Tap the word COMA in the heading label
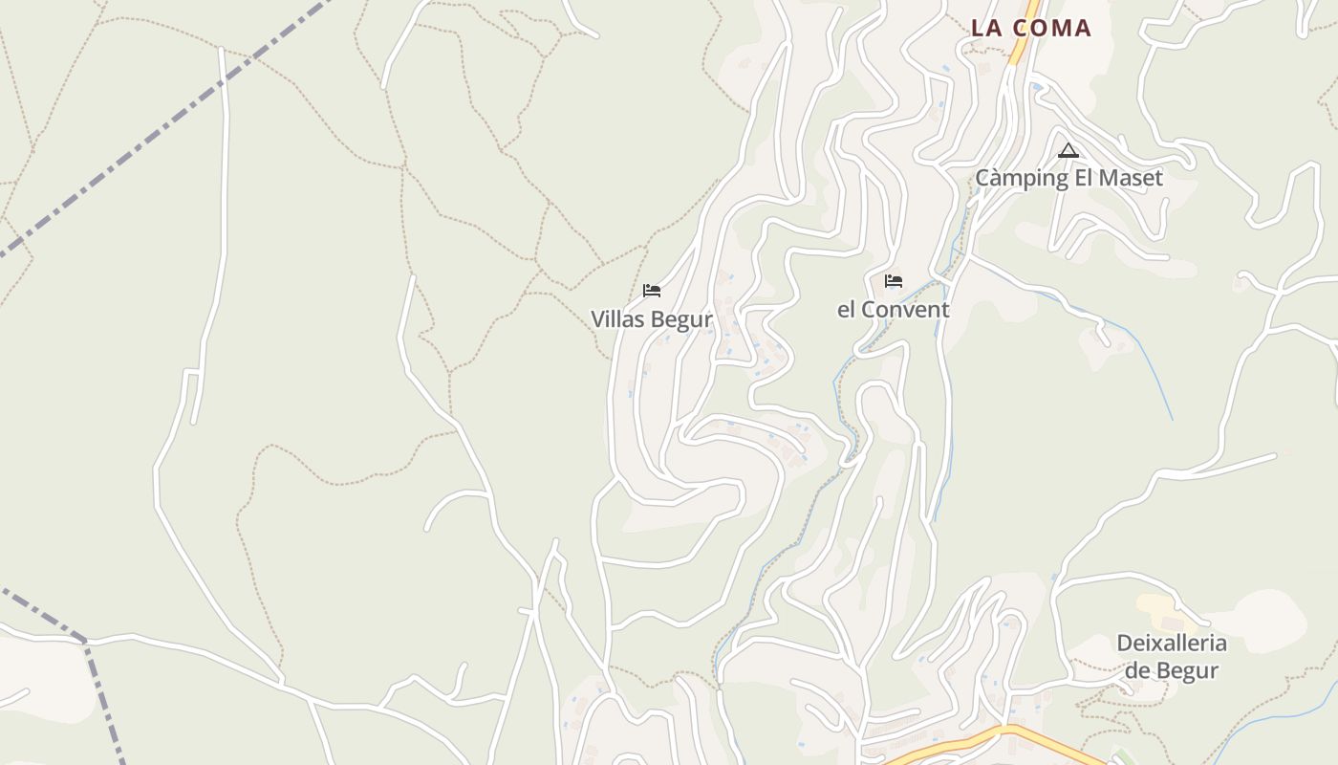pos(1051,28)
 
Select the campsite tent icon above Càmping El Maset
pos(1068,150)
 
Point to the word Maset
pos(1132,178)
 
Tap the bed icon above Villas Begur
pos(652,290)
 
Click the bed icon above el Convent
pos(894,280)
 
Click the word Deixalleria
pos(1172,643)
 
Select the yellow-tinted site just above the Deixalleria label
pos(1157,607)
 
